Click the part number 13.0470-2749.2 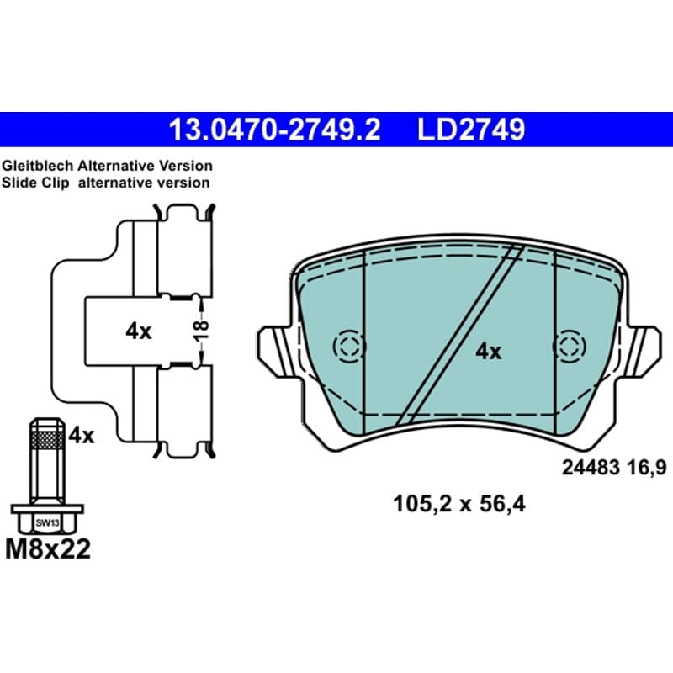click(x=275, y=130)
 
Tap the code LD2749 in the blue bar click(x=471, y=130)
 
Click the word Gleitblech click(x=38, y=166)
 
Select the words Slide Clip click(x=35, y=183)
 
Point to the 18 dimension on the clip click(x=201, y=331)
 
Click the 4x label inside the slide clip click(x=138, y=331)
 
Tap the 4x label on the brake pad click(x=488, y=352)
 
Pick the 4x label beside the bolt click(x=82, y=436)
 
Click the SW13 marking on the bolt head click(x=47, y=523)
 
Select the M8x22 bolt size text click(x=48, y=549)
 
